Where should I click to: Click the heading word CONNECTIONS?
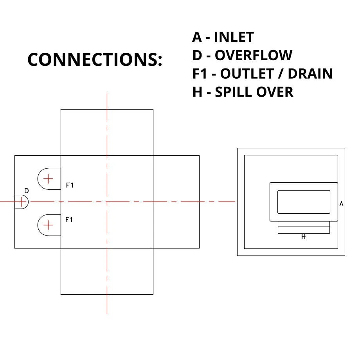click(x=94, y=59)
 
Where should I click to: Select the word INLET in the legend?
click(x=234, y=37)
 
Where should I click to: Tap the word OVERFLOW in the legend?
click(x=253, y=56)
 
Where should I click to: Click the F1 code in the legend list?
click(x=199, y=74)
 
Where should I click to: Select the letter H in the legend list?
click(x=196, y=92)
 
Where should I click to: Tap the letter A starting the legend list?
click(x=197, y=37)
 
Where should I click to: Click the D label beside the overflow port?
click(x=27, y=191)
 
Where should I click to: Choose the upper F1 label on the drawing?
click(x=70, y=185)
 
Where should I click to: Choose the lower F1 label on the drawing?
click(x=69, y=220)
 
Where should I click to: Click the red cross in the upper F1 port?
click(x=48, y=179)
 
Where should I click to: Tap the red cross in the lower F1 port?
click(x=48, y=225)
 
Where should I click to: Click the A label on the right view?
click(x=341, y=204)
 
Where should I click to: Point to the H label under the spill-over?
click(x=303, y=237)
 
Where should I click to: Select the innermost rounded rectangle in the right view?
click(x=304, y=202)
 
